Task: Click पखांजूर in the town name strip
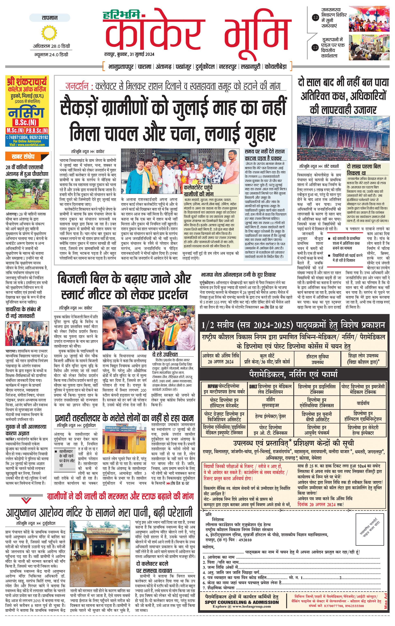184,67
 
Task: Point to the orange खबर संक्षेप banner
27,156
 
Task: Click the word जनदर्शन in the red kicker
77,86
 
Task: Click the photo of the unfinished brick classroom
343,139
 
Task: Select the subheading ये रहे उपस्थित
165,354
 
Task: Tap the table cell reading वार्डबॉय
363,403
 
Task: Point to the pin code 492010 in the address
245,540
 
